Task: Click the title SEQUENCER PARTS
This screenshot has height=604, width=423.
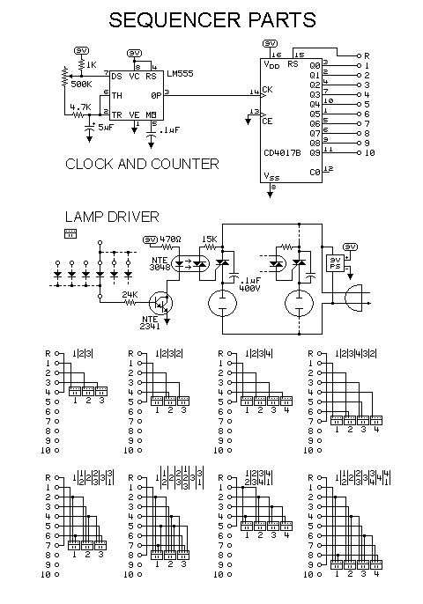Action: click(211, 19)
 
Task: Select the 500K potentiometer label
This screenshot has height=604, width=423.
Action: click(82, 84)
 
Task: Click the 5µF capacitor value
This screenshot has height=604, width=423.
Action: click(104, 128)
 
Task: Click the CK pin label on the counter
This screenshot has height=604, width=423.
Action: click(267, 92)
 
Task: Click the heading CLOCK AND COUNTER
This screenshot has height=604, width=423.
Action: click(142, 164)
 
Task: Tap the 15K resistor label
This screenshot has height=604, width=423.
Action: click(209, 239)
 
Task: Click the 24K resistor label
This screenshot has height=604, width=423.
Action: click(130, 293)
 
